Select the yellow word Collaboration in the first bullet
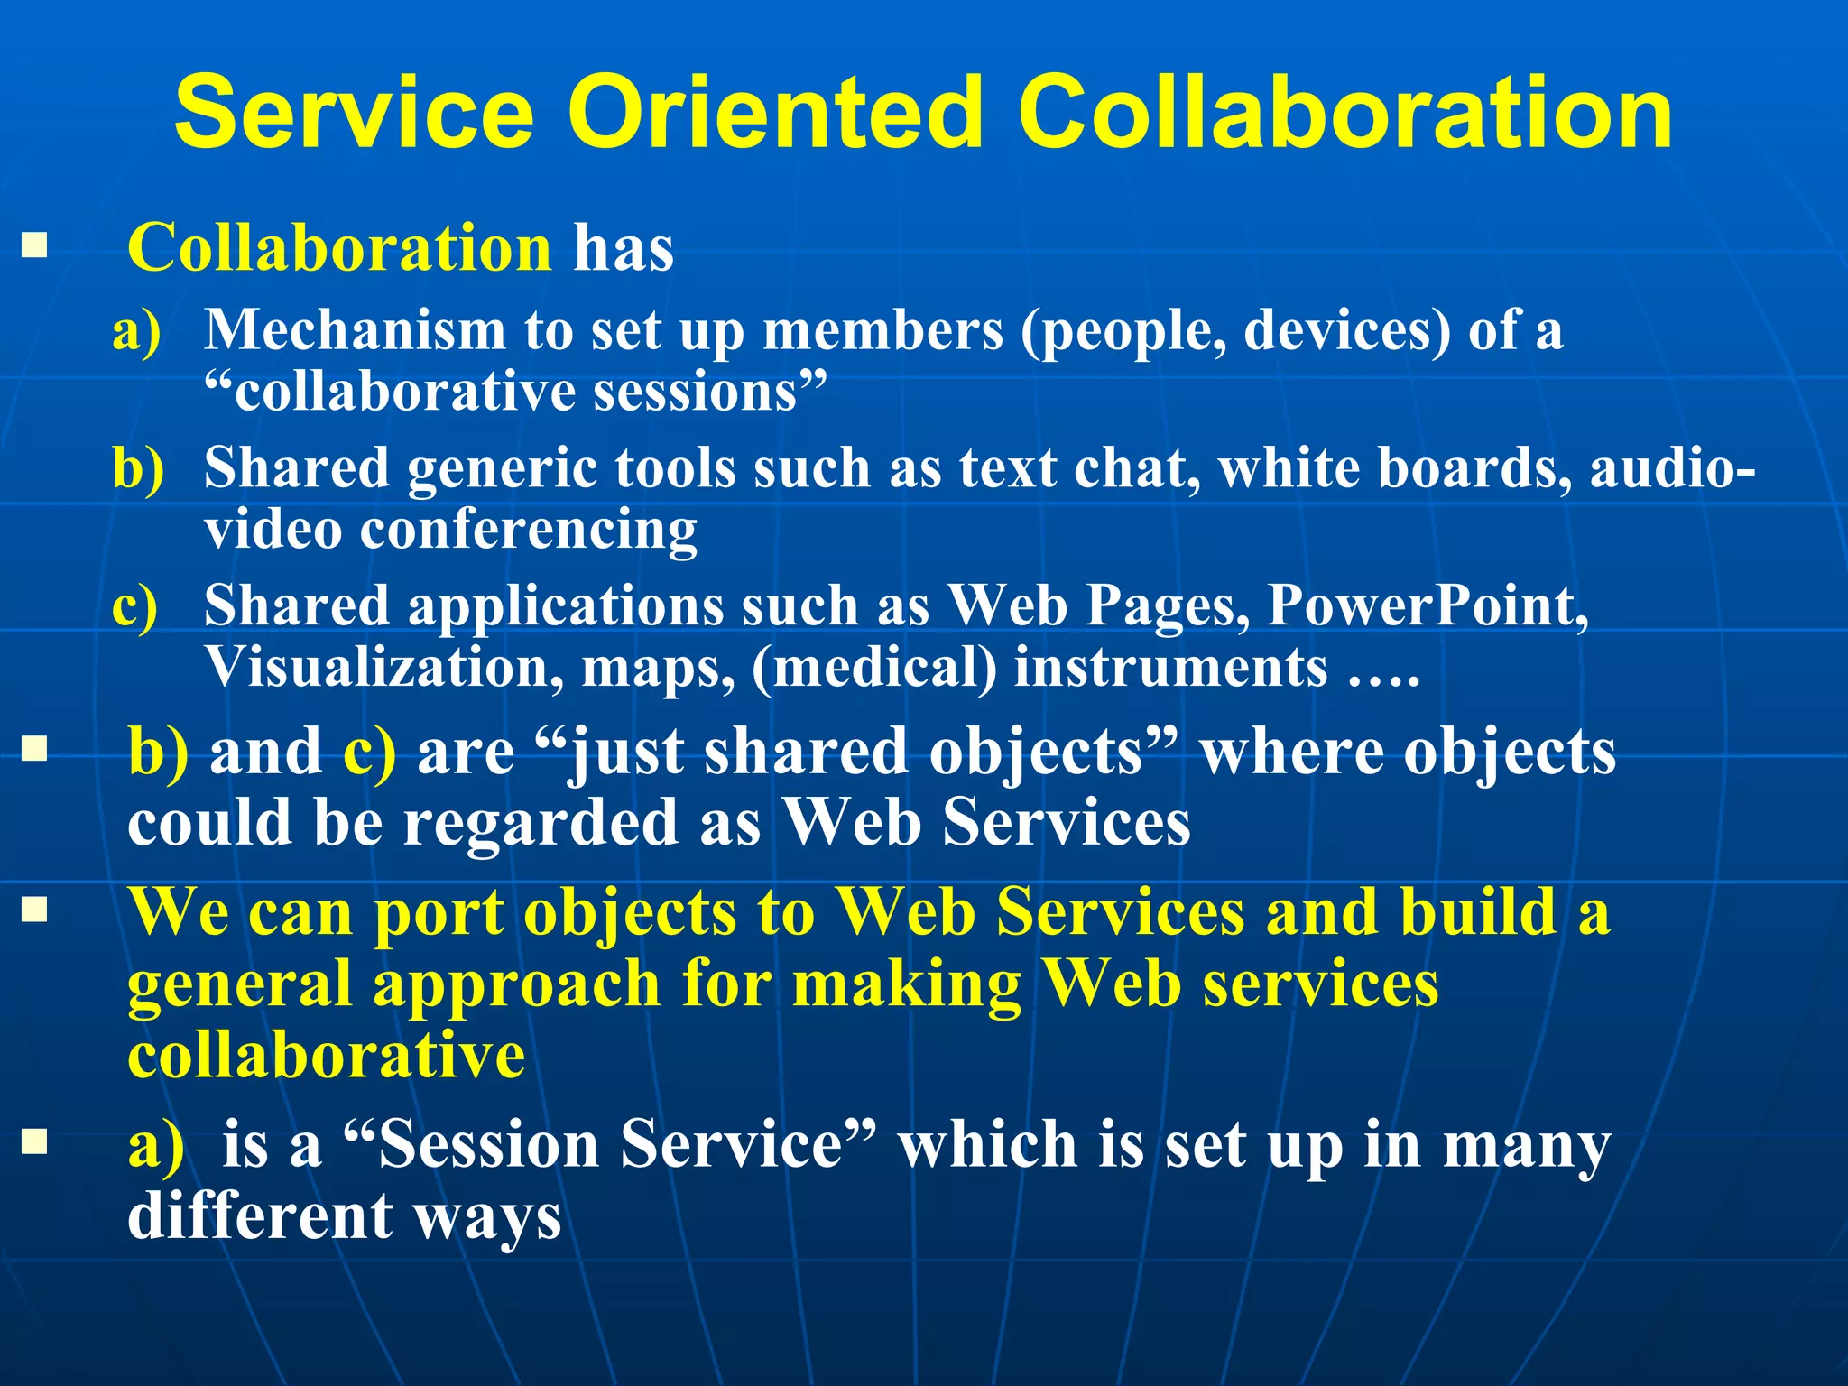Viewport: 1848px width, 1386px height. (x=339, y=248)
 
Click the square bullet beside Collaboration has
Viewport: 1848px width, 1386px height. (x=34, y=245)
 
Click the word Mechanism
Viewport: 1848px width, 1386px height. (x=354, y=330)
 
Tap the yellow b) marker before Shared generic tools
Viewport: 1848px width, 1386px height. (x=138, y=469)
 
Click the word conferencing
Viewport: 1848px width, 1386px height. (x=528, y=529)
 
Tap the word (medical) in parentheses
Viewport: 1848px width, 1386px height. (x=873, y=668)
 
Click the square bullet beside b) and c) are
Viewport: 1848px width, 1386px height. (x=34, y=748)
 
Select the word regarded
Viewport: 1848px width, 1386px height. (x=540, y=823)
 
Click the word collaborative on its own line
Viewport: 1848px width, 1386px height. (x=326, y=1056)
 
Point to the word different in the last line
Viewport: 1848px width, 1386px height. (x=259, y=1216)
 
